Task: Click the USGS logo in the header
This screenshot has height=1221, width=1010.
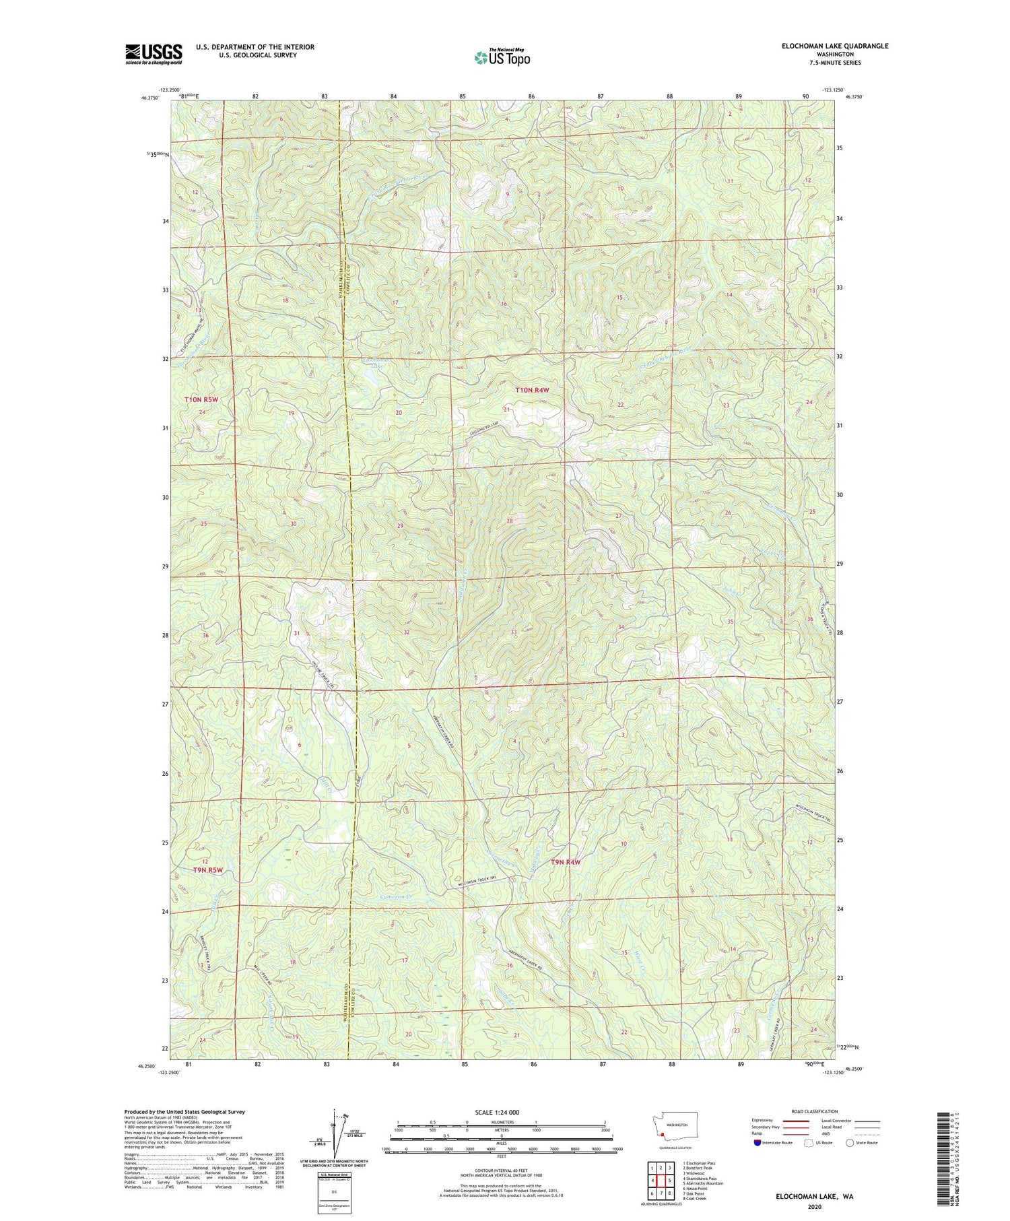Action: pos(154,54)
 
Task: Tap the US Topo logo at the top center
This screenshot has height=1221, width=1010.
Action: pos(502,58)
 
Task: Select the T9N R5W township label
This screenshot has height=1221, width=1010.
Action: pos(207,869)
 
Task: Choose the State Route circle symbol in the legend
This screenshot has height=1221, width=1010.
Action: pos(850,1142)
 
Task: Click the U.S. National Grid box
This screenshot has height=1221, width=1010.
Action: pos(334,1193)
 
